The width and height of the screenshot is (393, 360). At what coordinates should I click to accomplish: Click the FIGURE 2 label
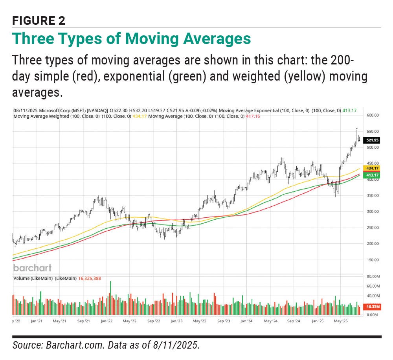pos(38,20)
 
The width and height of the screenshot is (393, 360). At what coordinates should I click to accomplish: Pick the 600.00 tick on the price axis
pos(372,116)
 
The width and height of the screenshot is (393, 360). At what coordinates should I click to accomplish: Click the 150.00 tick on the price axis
pos(372,260)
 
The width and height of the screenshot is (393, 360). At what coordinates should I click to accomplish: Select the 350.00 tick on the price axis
pos(372,196)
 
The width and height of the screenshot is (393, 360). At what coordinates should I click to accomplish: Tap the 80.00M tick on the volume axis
pos(372,277)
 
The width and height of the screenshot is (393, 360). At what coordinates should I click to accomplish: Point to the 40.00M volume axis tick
pos(372,296)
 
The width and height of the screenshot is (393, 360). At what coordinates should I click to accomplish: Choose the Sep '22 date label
pos(153,321)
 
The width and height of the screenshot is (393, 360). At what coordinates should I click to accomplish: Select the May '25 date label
pos(340,321)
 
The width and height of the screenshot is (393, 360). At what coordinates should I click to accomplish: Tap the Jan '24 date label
pos(247,321)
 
